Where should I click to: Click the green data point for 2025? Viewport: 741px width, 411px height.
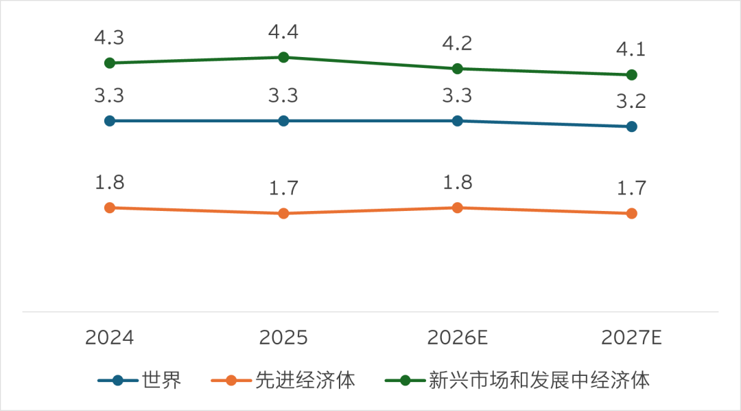pos(283,57)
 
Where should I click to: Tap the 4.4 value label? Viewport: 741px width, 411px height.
pos(283,32)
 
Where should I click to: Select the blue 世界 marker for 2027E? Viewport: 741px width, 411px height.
pos(631,126)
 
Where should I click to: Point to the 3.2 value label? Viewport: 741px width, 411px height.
pos(631,101)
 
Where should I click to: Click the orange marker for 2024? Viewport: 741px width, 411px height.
pos(110,208)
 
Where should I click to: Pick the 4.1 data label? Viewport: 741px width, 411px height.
pos(631,49)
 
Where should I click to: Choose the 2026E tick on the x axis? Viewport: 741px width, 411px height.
pos(458,337)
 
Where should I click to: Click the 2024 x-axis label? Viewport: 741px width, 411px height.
pos(110,337)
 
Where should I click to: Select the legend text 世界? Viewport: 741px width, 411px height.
pos(162,380)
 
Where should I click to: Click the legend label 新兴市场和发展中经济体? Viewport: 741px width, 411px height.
pos(539,380)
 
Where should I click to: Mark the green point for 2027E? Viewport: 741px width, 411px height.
pos(631,75)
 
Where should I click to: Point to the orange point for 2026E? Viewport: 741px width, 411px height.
pos(458,208)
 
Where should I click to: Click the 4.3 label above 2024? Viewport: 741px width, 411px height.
pos(110,37)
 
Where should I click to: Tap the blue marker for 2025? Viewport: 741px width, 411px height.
pos(283,121)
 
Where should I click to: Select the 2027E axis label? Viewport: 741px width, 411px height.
pos(631,337)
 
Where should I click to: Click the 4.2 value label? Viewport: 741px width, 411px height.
pos(458,43)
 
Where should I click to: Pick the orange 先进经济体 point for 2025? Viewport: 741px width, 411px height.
pos(283,214)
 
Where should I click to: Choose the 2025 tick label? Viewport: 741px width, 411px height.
pos(283,337)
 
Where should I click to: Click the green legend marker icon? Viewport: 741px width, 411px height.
pos(405,380)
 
